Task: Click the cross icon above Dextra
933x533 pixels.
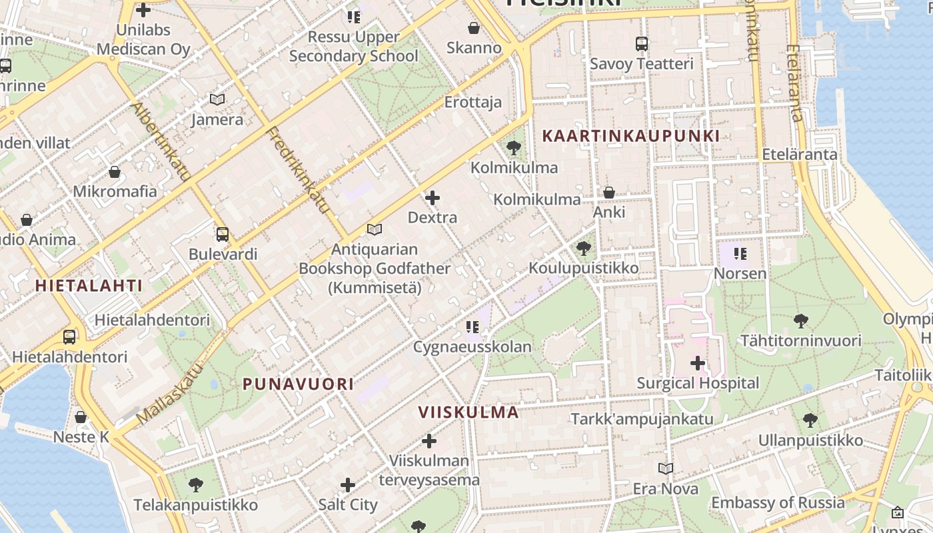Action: [433, 198]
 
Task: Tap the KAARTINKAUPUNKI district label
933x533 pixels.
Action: [630, 136]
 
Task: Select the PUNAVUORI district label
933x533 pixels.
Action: [298, 384]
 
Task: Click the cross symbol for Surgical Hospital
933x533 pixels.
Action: [698, 363]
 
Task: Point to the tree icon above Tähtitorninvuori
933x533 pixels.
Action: [801, 321]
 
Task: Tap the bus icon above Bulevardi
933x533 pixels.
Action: [223, 235]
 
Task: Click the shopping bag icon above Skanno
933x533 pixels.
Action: [474, 28]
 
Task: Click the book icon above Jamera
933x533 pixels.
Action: [217, 99]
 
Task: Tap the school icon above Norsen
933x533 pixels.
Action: [740, 254]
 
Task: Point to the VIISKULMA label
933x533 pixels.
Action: [468, 412]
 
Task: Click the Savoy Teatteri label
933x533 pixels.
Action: [641, 64]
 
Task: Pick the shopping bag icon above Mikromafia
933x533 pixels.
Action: [115, 172]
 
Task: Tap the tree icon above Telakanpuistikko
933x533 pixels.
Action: [195, 484]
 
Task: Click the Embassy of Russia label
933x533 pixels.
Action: [778, 502]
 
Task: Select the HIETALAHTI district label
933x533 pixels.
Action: [89, 286]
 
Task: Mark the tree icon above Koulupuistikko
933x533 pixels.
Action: [584, 249]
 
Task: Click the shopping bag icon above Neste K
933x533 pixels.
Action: [81, 418]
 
